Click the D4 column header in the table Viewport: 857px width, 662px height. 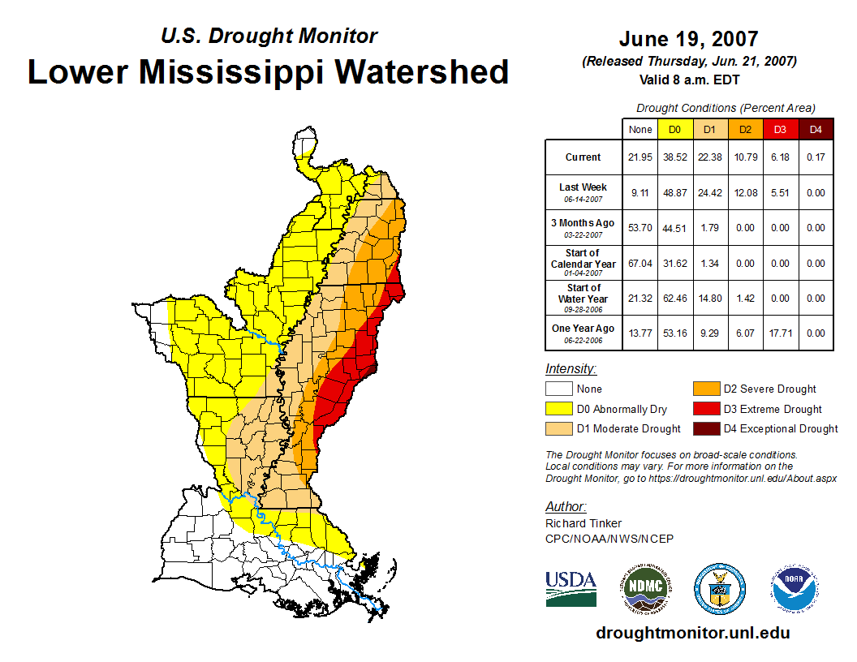click(816, 129)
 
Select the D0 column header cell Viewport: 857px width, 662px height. click(674, 129)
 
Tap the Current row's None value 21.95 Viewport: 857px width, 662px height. click(640, 157)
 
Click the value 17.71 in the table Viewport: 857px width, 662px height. click(780, 333)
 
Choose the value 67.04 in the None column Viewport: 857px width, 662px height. click(640, 263)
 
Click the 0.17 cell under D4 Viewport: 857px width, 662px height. click(816, 157)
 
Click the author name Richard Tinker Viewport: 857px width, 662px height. click(584, 523)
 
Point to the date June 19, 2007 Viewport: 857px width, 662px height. click(688, 39)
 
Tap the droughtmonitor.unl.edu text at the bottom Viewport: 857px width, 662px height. click(692, 633)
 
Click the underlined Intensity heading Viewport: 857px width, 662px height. click(571, 368)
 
